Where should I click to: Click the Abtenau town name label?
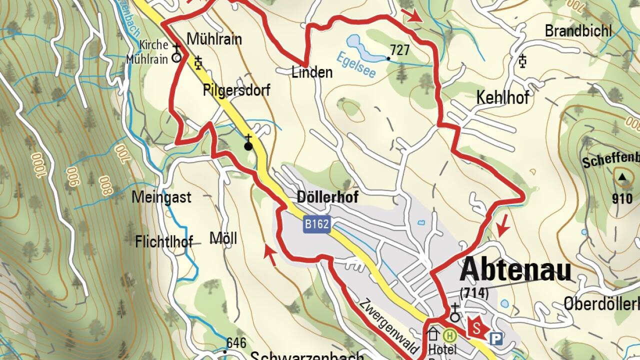pos(515,270)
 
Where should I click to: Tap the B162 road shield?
pos(317,224)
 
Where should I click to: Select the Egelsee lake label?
pos(355,65)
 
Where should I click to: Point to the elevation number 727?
pos(400,50)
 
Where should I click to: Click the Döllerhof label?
pos(327,197)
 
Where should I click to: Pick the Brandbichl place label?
pos(578,31)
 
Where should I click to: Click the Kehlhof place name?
pos(502,97)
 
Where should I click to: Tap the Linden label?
pos(312,72)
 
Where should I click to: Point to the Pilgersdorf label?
pos(236,90)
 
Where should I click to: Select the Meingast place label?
pos(161,197)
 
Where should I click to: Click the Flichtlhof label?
pos(164,242)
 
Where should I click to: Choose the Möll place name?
pos(223,238)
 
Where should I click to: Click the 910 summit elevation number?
pos(622,199)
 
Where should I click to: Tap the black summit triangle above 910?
pos(622,176)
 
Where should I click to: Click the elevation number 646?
pos(236,343)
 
